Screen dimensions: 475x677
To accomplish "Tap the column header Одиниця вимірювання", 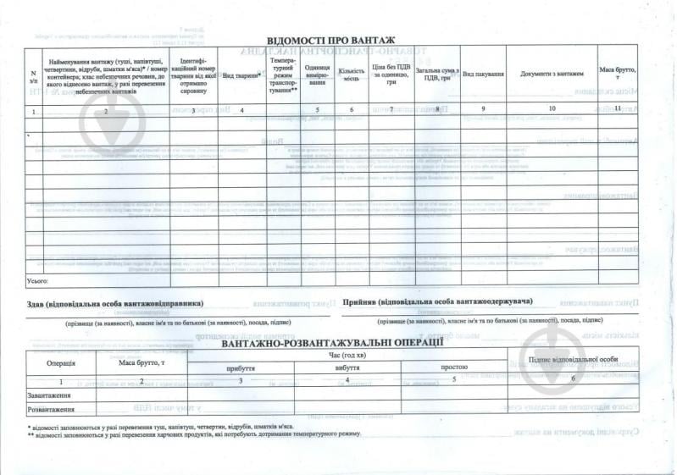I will tap(317, 75).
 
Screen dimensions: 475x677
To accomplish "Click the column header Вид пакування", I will tap(484, 75).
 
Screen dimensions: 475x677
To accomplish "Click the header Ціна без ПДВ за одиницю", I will tap(391, 75).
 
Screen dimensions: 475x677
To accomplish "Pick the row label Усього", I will tap(38, 279).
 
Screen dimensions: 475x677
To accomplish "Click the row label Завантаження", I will tap(49, 395).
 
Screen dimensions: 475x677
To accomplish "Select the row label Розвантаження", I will tap(52, 410).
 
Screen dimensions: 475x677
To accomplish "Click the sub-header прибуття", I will tap(241, 368).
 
